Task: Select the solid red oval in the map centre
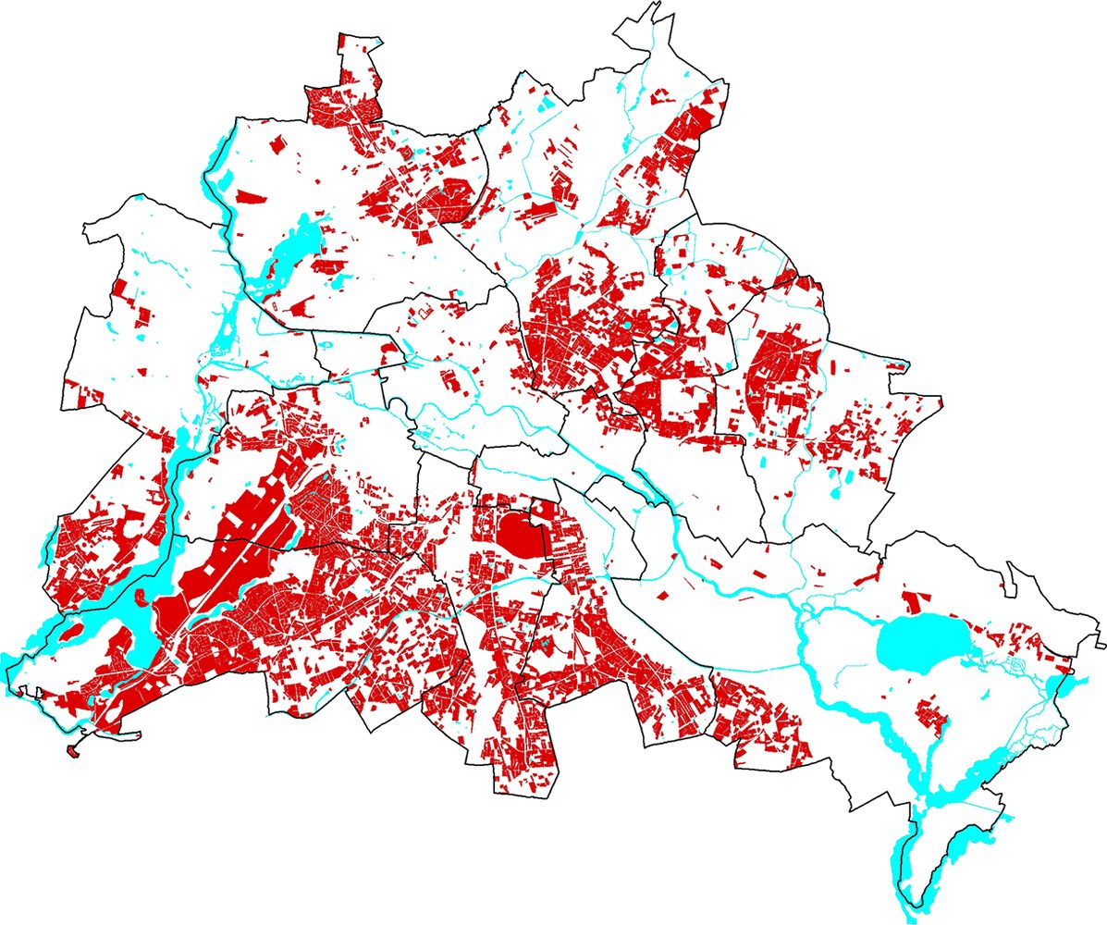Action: pos(522,535)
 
